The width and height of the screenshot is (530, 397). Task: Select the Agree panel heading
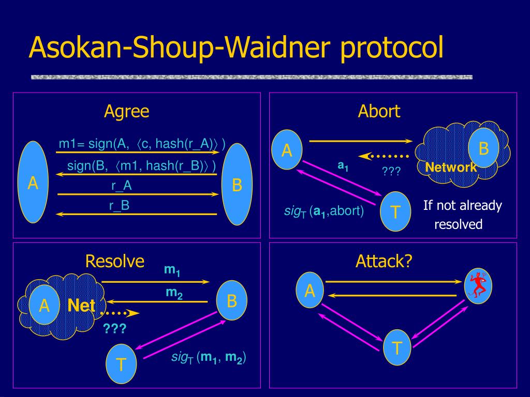(126, 112)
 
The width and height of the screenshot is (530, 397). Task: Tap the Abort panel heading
(379, 111)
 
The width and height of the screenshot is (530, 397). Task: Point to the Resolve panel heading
(114, 261)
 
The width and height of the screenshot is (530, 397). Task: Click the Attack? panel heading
(384, 261)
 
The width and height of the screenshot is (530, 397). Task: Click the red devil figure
(478, 286)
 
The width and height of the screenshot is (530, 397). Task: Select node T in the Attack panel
(397, 347)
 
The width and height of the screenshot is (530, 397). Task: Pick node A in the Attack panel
(310, 290)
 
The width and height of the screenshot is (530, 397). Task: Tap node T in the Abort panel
(395, 211)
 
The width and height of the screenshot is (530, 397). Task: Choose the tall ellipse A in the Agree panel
(33, 182)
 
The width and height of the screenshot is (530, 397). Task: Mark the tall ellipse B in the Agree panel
(237, 185)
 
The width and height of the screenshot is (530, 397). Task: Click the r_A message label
(121, 186)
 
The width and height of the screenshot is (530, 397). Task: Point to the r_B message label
(120, 206)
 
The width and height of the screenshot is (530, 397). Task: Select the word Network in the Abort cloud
(451, 167)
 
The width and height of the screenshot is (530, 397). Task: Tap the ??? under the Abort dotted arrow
(391, 171)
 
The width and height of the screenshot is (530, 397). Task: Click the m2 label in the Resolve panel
(174, 293)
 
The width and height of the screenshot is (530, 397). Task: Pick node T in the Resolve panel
(121, 364)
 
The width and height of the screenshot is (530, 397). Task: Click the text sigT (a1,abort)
(324, 211)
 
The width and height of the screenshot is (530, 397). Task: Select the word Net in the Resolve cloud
(81, 306)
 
